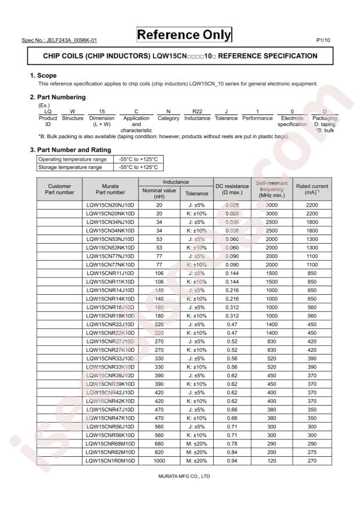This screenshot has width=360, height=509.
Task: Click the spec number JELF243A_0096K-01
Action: (59, 41)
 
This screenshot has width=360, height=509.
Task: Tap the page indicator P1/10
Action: (323, 41)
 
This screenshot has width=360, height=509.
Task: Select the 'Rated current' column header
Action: (312, 189)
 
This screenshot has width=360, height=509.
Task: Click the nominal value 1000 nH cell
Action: (159, 460)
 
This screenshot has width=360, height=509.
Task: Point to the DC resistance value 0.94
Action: (232, 460)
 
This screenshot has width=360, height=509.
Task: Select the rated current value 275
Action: (312, 452)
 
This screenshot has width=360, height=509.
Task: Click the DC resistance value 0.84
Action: (232, 452)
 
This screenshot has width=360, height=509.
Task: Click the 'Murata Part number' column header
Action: (110, 189)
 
